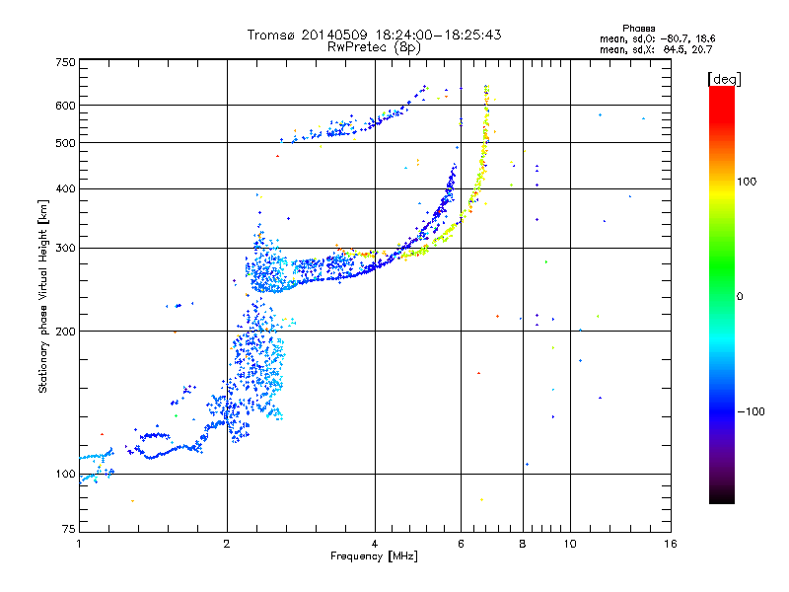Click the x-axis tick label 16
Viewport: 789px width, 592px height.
click(x=670, y=544)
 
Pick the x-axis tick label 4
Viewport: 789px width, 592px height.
click(x=375, y=544)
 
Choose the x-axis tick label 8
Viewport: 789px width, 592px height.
click(x=522, y=544)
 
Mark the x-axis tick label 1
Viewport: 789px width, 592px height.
click(x=79, y=544)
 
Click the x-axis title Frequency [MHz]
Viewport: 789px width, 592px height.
click(x=374, y=556)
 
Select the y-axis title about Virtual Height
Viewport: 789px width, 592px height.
click(x=43, y=297)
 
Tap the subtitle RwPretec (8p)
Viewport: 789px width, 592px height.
click(x=375, y=46)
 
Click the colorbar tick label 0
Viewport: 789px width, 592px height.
click(x=741, y=297)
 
